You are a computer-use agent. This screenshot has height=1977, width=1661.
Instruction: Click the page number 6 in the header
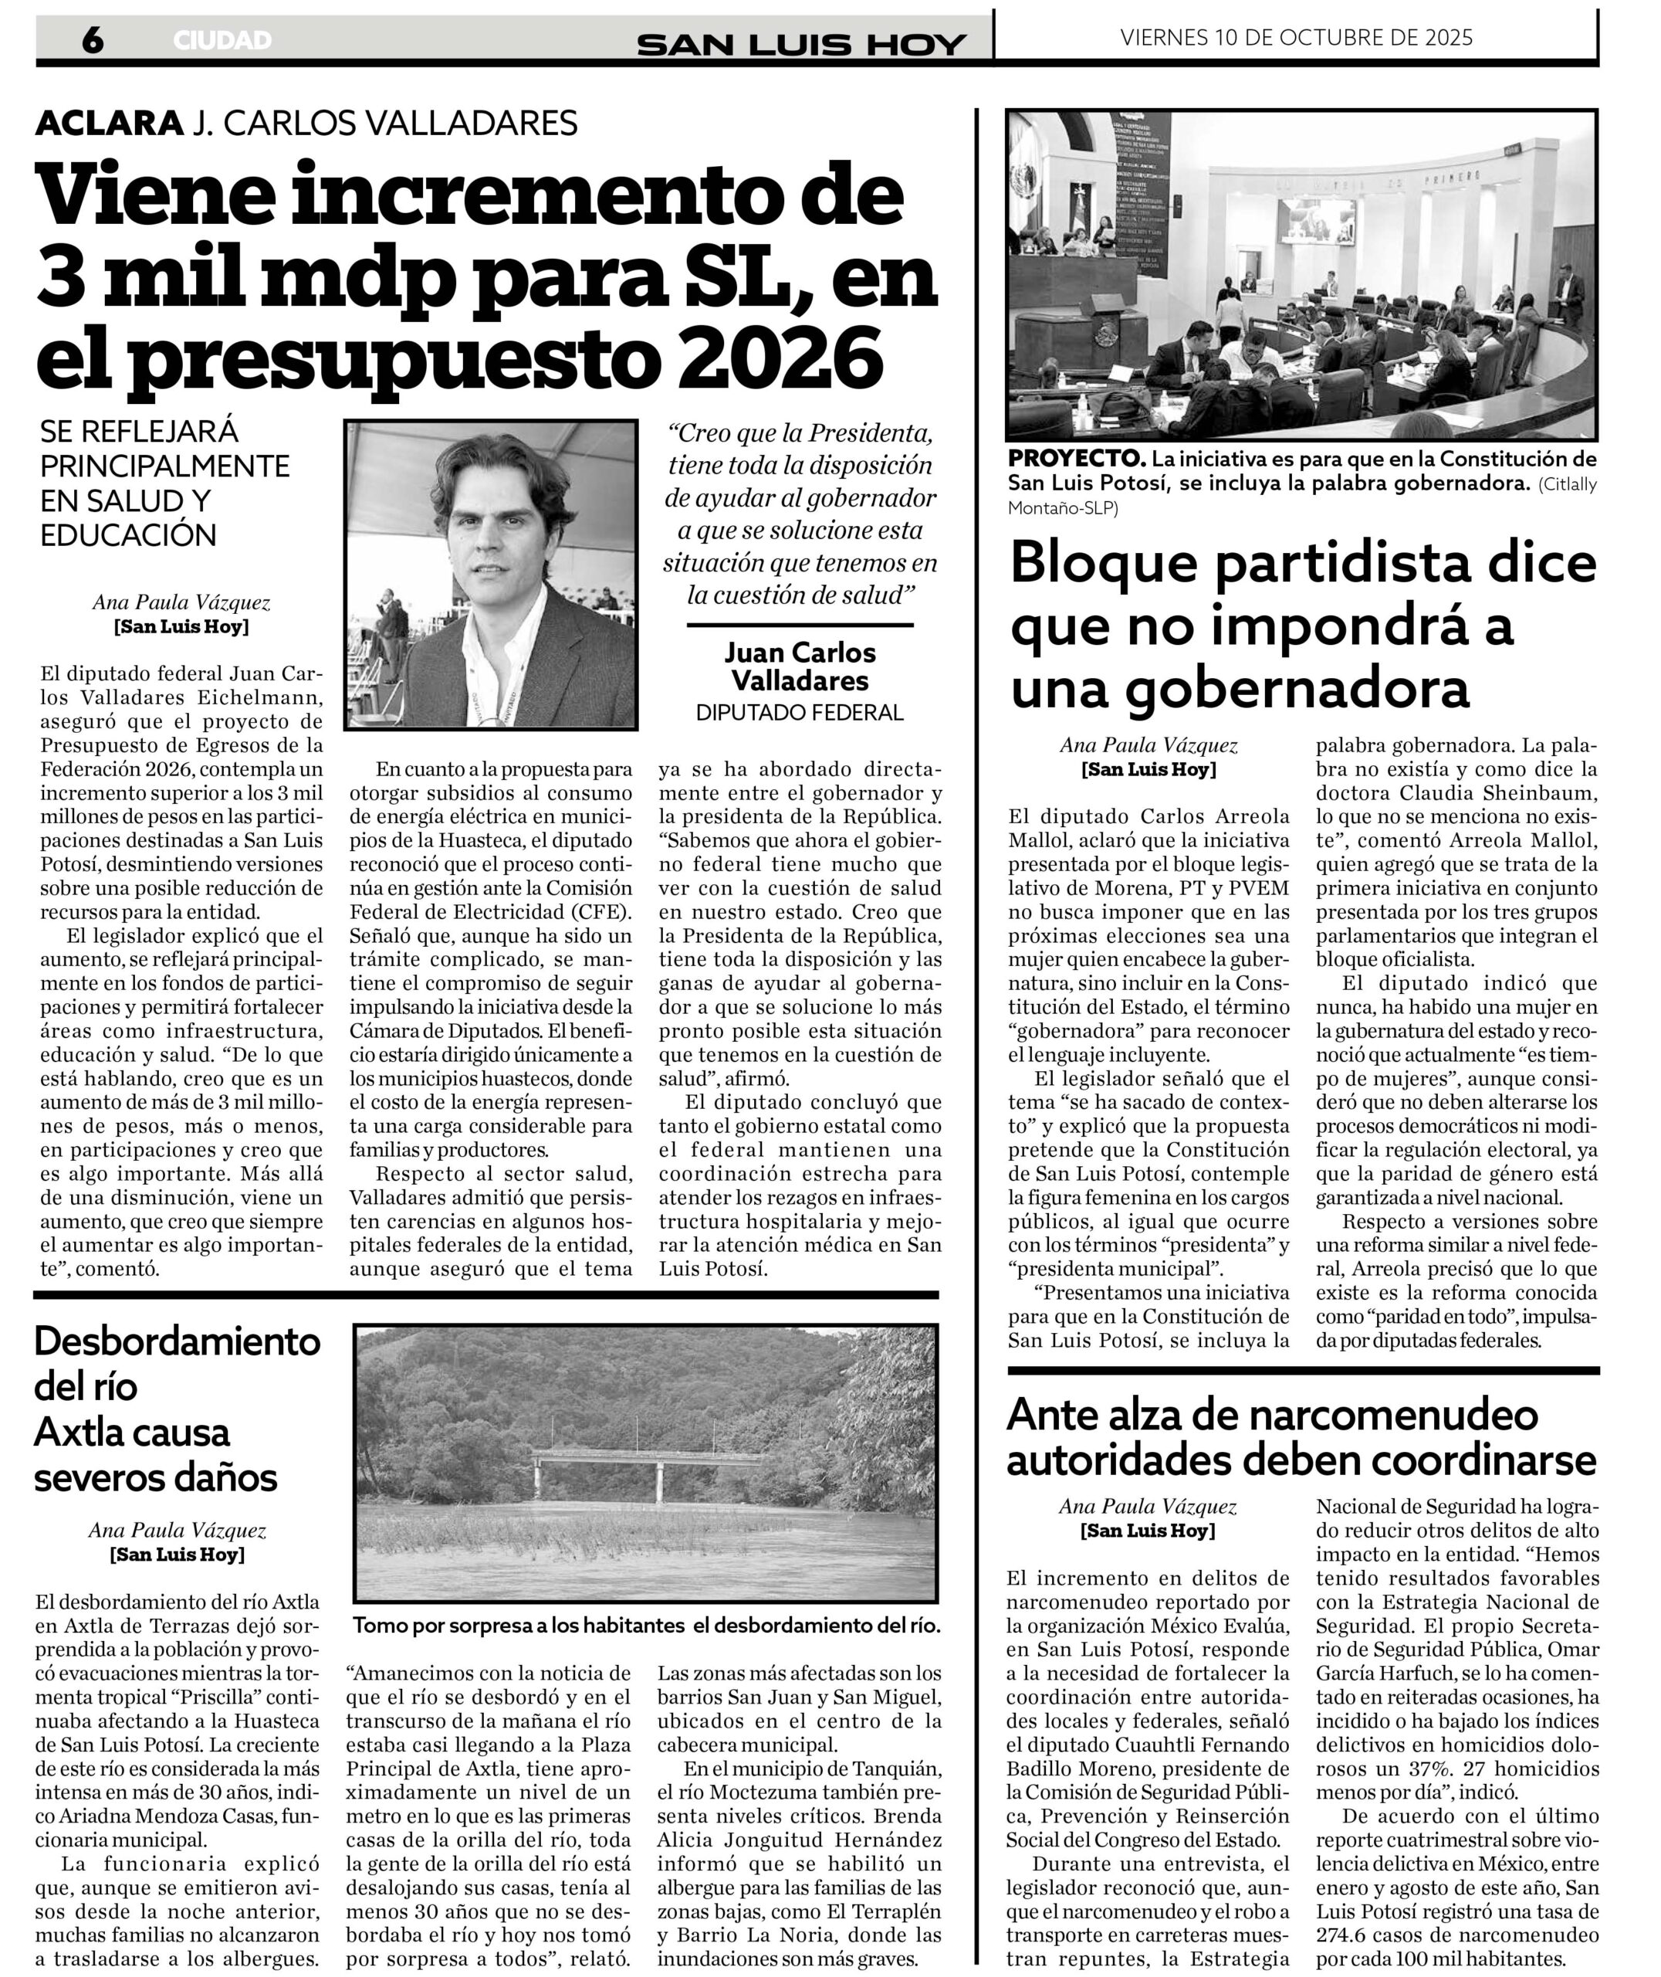[x=93, y=39]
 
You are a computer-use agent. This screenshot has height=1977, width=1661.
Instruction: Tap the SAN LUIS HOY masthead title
[x=801, y=43]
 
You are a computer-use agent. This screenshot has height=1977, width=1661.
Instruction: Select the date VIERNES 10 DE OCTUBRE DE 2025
[x=1297, y=38]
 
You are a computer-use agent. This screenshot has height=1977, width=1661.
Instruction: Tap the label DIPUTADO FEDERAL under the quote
[x=800, y=712]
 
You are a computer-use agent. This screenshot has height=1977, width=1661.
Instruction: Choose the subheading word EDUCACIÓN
[x=128, y=535]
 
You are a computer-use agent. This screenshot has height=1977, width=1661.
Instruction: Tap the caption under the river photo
[x=646, y=1625]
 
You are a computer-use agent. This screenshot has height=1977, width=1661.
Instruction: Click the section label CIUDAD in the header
[x=222, y=40]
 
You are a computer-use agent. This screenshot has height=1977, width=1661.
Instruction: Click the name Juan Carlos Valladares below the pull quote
[x=800, y=666]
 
